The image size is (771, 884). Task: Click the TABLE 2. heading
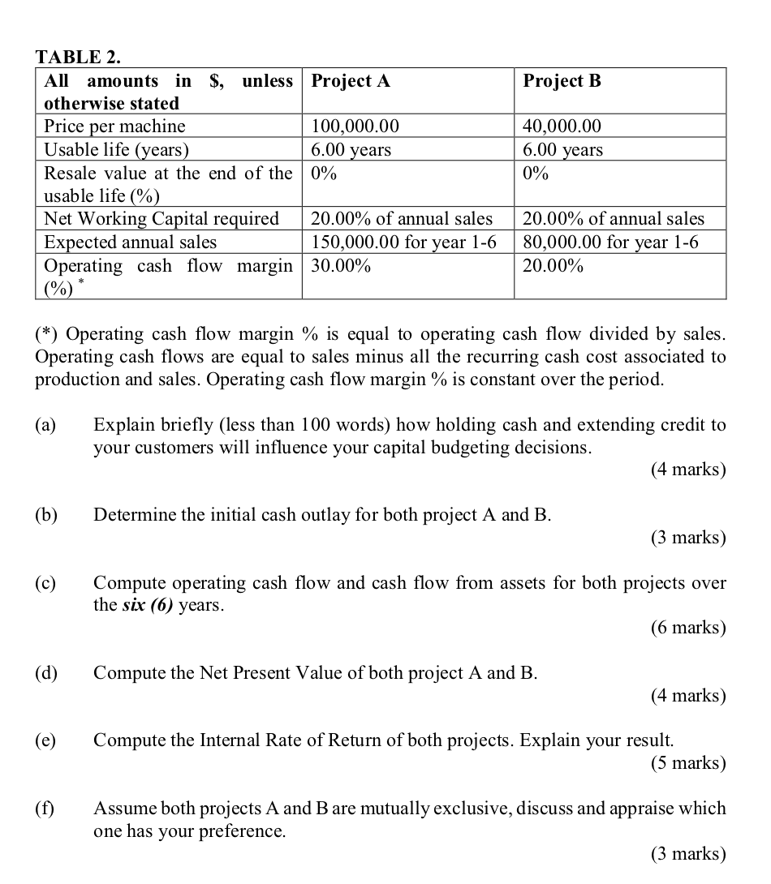(x=79, y=57)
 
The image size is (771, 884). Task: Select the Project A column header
(x=351, y=80)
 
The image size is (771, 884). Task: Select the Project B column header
(x=562, y=80)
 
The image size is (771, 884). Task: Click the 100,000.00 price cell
(x=355, y=126)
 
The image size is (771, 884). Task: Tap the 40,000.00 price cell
(x=562, y=126)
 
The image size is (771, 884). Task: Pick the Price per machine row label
(x=114, y=126)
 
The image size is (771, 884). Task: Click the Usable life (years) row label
(x=116, y=149)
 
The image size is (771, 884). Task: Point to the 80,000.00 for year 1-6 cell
(x=610, y=242)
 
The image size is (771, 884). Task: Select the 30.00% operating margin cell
(x=341, y=266)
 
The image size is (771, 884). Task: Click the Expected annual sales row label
(x=130, y=242)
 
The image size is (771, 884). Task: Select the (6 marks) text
(x=687, y=628)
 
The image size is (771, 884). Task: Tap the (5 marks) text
(x=687, y=763)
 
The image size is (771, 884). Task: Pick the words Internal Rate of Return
(x=289, y=740)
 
